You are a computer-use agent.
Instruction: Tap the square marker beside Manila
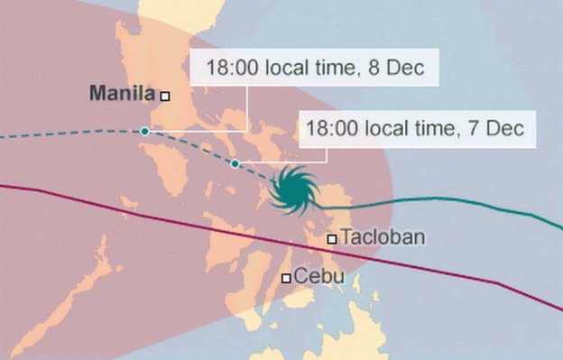165,94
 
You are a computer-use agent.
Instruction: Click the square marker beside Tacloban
332,239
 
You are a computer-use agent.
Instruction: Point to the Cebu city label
319,277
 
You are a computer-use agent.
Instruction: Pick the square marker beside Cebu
286,279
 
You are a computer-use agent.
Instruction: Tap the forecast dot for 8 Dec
144,132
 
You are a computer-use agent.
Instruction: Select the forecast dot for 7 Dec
235,163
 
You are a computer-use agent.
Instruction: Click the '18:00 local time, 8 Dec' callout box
316,68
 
